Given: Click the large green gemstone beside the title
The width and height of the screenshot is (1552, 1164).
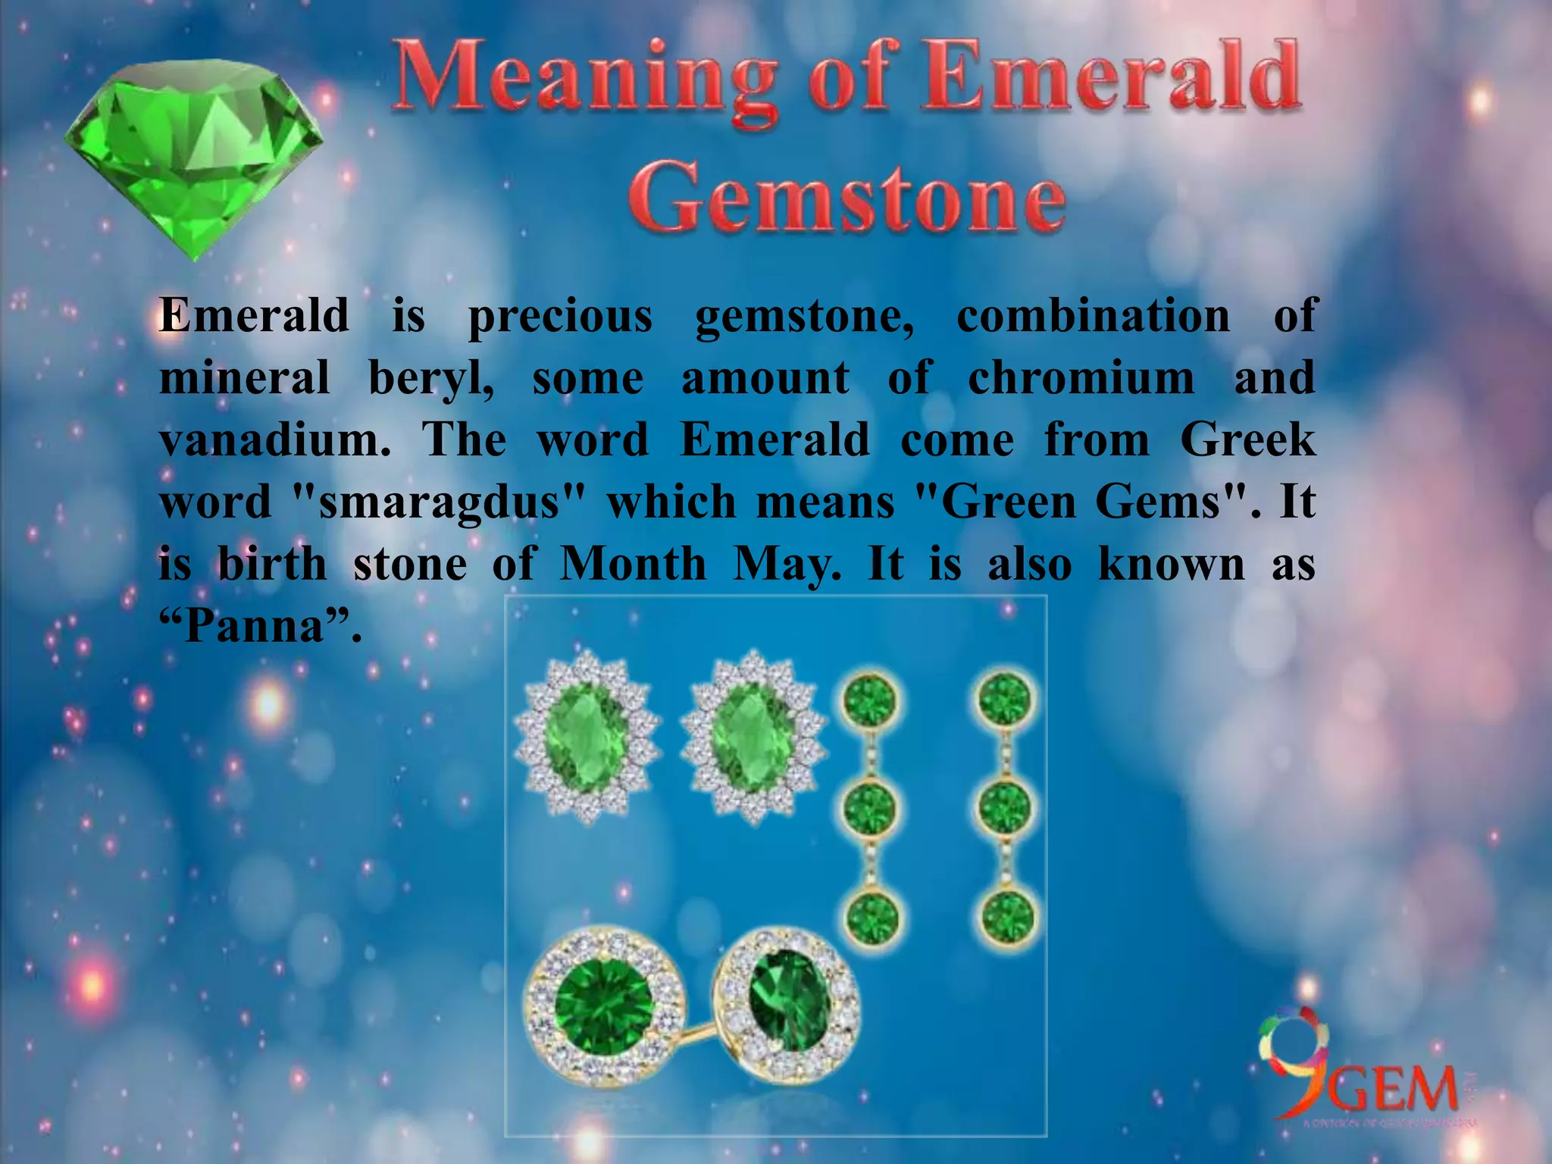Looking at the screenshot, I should tap(193, 155).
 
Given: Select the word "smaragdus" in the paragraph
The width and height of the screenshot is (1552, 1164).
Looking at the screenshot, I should tap(440, 502).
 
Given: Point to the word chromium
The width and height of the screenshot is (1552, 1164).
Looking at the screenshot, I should tap(1081, 377).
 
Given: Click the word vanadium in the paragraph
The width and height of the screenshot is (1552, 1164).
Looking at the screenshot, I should tap(274, 440).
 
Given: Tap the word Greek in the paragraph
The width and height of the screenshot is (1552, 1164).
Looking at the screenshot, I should tap(1247, 440).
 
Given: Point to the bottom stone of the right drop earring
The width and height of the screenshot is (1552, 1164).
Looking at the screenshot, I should tap(1006, 918).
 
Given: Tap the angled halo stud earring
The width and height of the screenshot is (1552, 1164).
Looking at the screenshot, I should tap(788, 1000).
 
